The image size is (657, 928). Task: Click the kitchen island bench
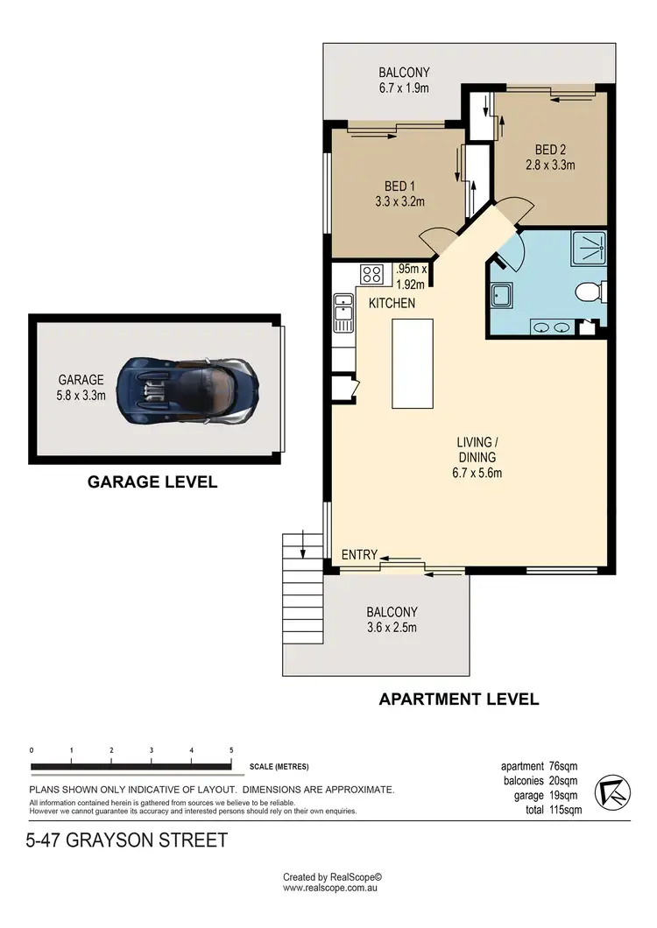[412, 363]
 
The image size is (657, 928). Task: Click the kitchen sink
[342, 313]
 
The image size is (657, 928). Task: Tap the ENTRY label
[359, 554]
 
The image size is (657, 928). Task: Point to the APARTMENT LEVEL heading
[458, 699]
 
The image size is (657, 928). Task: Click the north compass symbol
[611, 793]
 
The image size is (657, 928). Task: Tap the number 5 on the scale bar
[231, 750]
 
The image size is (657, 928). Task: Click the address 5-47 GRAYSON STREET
[128, 840]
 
